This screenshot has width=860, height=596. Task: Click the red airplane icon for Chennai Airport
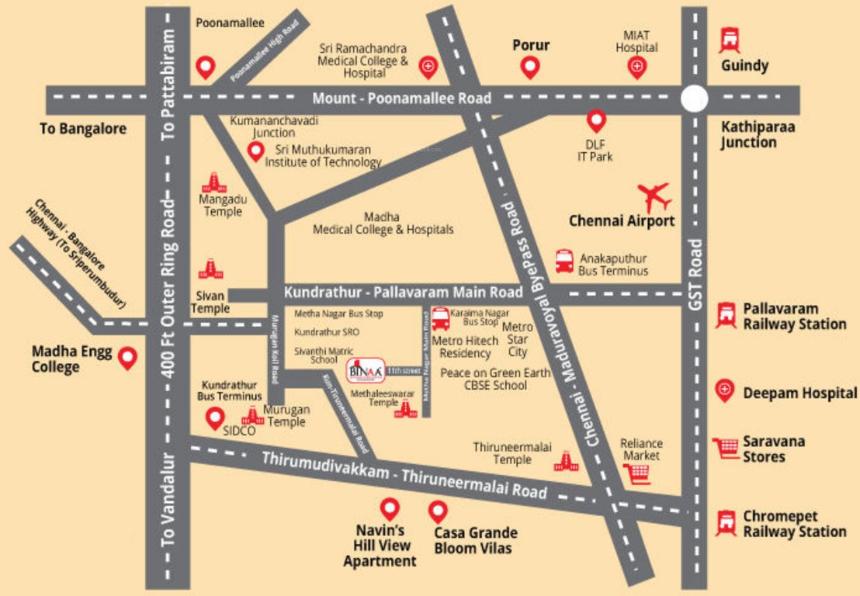point(654,197)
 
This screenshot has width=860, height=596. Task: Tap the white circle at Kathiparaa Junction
point(694,99)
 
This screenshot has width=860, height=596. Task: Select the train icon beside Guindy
point(729,40)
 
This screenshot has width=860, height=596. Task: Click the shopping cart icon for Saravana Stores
point(726,448)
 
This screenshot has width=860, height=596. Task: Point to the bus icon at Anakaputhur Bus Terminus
point(564,260)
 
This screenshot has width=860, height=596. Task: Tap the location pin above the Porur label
point(530,68)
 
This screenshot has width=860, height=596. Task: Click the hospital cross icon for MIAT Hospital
point(636,68)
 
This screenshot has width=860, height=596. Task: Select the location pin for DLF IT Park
point(595,120)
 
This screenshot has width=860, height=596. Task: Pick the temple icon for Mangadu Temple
point(214,183)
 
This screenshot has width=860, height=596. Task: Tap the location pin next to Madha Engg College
point(127,357)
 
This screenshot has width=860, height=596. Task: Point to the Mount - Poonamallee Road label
point(401,99)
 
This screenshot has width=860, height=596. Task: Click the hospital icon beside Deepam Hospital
point(726,390)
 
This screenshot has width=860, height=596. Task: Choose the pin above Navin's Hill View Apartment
point(389,509)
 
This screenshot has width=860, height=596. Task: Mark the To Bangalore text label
point(82,129)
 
